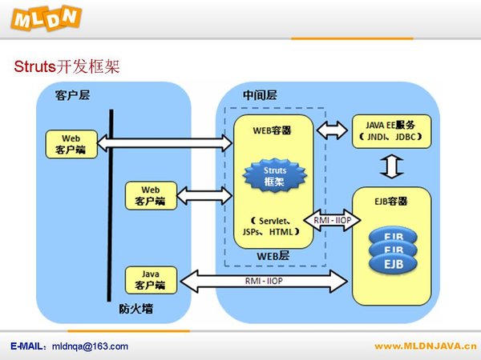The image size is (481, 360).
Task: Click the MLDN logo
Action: [x=46, y=18]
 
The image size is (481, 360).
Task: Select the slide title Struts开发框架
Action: [x=67, y=66]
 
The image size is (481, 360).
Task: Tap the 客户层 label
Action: [x=72, y=95]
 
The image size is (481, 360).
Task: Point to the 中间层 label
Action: [x=260, y=95]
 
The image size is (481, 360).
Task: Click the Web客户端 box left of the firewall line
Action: [x=71, y=144]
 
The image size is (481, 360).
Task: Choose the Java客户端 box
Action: [x=151, y=280]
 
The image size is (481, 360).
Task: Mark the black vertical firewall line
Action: [x=110, y=206]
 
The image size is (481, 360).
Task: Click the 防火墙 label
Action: [x=136, y=309]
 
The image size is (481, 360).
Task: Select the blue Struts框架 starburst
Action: [x=275, y=176]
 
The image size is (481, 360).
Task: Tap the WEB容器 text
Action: [x=272, y=130]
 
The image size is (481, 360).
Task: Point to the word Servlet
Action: [x=273, y=221]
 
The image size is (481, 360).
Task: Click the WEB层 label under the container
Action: [x=273, y=256]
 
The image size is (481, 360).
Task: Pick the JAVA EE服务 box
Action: [x=391, y=131]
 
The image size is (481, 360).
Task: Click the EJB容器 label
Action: [x=391, y=201]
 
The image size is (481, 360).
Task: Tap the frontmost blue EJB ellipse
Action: [x=394, y=263]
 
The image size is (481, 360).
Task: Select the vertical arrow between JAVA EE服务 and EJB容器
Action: [x=392, y=167]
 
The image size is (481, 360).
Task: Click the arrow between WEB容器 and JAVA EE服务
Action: [x=332, y=130]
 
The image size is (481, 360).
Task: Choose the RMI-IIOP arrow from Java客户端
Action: [x=264, y=281]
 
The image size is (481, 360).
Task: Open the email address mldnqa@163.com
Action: [x=90, y=346]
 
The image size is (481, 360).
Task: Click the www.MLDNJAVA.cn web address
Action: [x=426, y=346]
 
